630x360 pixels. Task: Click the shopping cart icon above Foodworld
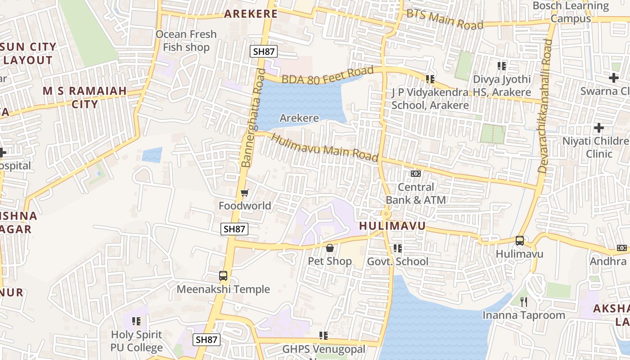[x=244, y=193]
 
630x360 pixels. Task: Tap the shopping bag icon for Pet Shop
[x=330, y=248]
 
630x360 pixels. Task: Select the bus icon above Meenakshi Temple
[x=223, y=276]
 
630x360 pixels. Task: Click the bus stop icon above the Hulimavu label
[x=520, y=241]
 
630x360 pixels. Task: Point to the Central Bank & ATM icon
[x=415, y=174]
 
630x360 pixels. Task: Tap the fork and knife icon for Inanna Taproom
[x=523, y=301]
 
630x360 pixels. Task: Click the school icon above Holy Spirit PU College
[x=136, y=321]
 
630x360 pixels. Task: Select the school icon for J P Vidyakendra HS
[x=430, y=79]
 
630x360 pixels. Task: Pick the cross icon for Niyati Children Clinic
[x=598, y=128]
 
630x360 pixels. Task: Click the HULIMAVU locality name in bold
[x=392, y=226]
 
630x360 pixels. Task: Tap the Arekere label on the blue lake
[x=299, y=118]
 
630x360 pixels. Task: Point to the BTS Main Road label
[x=445, y=19]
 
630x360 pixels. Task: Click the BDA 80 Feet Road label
[x=328, y=75]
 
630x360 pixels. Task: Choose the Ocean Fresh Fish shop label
[x=186, y=40]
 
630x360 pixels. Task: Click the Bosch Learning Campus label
[x=571, y=12]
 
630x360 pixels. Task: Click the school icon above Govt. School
[x=397, y=248]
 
